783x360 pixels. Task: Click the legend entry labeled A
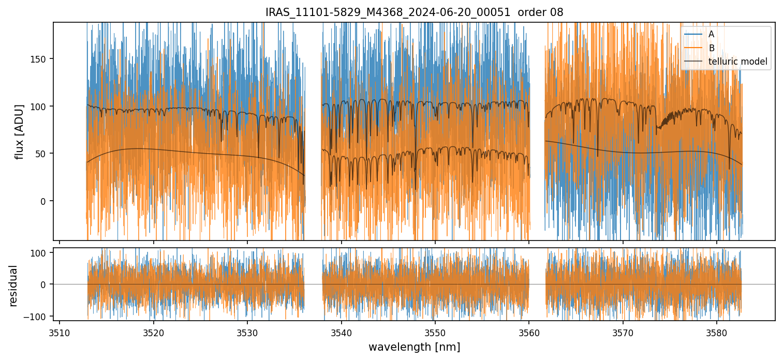click(712, 35)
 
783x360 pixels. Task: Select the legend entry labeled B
click(712, 48)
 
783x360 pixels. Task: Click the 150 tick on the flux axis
click(39, 58)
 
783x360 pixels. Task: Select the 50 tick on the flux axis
click(41, 154)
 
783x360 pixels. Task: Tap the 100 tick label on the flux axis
click(39, 106)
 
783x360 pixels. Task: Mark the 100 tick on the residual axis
click(39, 252)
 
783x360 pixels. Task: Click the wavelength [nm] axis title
click(414, 347)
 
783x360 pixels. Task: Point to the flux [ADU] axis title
click(20, 132)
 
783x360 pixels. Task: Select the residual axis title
click(14, 286)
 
